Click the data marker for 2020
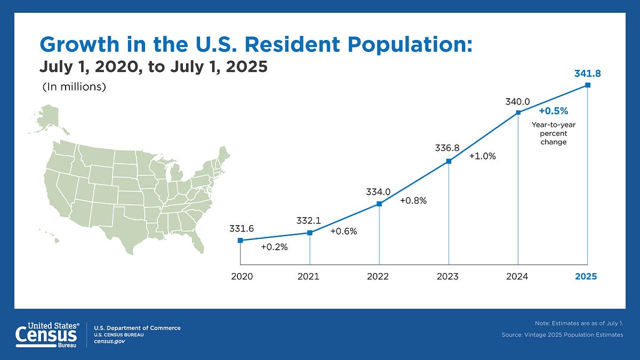point(240,241)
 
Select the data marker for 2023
point(449,161)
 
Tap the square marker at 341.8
point(587,85)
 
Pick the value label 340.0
point(518,100)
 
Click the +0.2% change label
point(274,247)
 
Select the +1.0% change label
point(482,156)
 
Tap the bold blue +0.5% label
point(553,111)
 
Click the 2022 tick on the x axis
point(378,276)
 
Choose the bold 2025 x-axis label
point(586,276)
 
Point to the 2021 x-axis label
point(309,276)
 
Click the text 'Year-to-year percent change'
point(553,133)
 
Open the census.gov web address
point(109,341)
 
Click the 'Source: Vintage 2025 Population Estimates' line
point(562,334)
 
